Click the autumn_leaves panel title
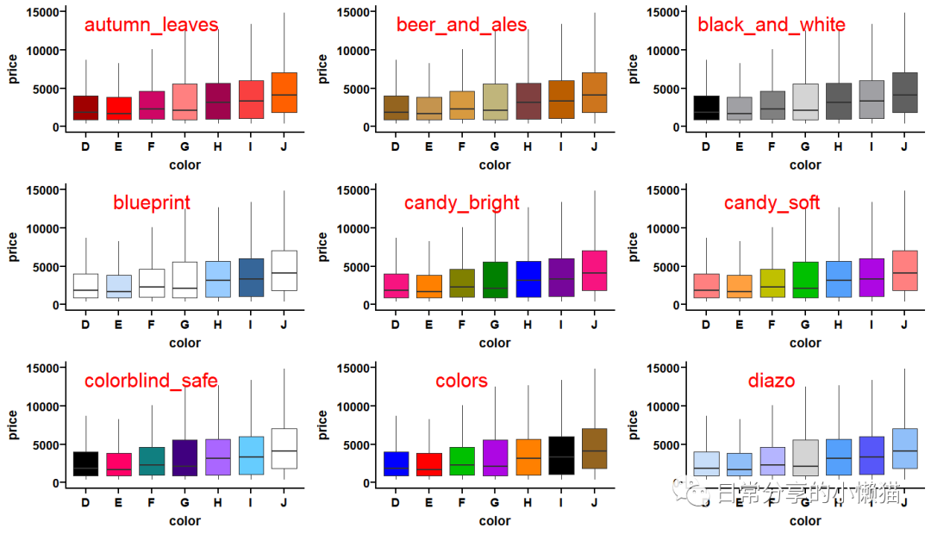[x=151, y=25]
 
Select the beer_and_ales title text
[x=461, y=25]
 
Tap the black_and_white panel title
[x=772, y=25]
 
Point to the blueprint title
[x=152, y=203]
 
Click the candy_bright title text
[x=462, y=203]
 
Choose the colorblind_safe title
[x=151, y=381]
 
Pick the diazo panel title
[x=772, y=381]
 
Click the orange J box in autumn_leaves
[x=284, y=93]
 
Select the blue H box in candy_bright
[x=528, y=279]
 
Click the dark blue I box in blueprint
[x=251, y=277]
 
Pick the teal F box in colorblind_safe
[x=151, y=461]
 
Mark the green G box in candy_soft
[x=805, y=280]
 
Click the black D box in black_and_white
[x=705, y=108]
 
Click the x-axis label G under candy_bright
[x=495, y=325]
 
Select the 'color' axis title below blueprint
[x=184, y=343]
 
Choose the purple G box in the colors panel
[x=495, y=457]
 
